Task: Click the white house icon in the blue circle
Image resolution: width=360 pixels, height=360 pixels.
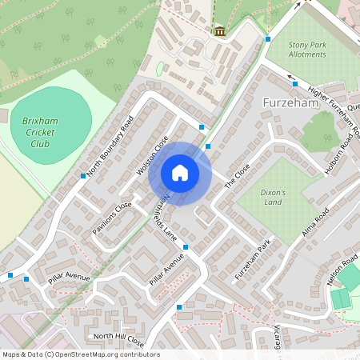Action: [x=180, y=173]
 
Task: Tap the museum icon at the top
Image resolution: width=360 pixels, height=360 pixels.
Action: [x=219, y=31]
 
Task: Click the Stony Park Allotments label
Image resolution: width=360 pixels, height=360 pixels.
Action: [x=307, y=50]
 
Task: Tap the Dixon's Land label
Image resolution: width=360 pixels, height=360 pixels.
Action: [x=278, y=197]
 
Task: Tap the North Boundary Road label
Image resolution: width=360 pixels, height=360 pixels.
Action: [x=110, y=148]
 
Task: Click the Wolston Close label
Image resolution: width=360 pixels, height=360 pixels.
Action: [x=152, y=155]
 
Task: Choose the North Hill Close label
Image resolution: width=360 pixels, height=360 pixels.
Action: [x=118, y=339]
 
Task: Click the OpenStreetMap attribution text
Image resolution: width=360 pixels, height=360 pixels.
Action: [x=81, y=354]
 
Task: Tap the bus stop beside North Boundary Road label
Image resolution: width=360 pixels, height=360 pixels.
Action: [x=83, y=175]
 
